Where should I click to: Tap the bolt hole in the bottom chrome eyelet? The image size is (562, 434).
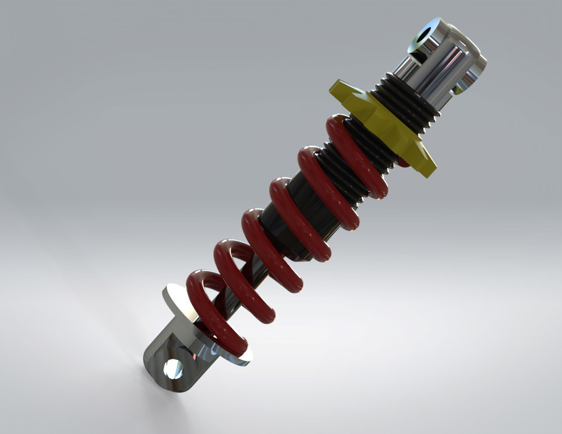(174, 369)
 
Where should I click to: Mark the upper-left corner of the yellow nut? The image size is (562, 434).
(334, 86)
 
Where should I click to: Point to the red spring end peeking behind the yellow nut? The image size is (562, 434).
(403, 162)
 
